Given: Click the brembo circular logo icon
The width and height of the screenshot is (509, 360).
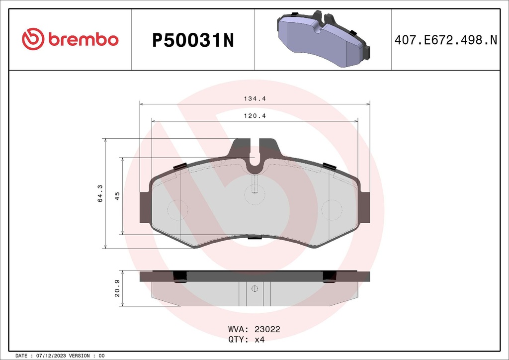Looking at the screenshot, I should pyautogui.click(x=33, y=39).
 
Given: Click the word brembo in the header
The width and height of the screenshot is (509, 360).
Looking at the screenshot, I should pyautogui.click(x=84, y=40).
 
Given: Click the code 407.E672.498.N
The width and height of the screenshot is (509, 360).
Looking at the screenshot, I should pyautogui.click(x=445, y=40).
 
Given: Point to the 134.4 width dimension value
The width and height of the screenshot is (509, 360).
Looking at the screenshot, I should pyautogui.click(x=254, y=98).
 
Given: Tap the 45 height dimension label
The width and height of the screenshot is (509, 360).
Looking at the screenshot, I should pyautogui.click(x=117, y=195).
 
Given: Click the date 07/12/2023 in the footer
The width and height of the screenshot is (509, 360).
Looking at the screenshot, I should pyautogui.click(x=51, y=356).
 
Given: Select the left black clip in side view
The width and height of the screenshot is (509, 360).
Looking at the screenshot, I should pyautogui.click(x=179, y=277).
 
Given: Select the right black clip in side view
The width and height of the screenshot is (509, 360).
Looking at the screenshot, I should pyautogui.click(x=330, y=277).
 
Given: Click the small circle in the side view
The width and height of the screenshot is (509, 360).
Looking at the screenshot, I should pyautogui.click(x=254, y=288).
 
